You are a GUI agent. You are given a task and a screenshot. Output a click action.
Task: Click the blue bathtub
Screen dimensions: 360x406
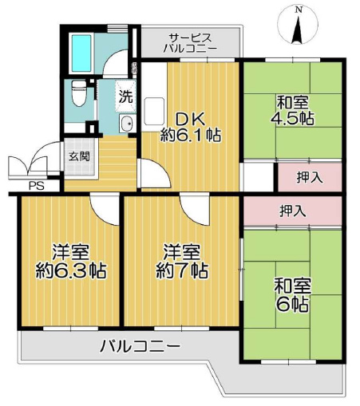pyautogui.click(x=81, y=53)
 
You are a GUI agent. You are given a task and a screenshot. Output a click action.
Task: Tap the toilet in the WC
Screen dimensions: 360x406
pyautogui.click(x=79, y=93)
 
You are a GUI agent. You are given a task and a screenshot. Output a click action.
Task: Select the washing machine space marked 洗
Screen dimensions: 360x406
pyautogui.click(x=125, y=97)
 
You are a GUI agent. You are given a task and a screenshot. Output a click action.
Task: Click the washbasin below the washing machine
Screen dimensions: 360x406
pyautogui.click(x=127, y=124)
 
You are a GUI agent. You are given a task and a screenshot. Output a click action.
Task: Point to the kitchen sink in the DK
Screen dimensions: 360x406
pyautogui.click(x=154, y=111)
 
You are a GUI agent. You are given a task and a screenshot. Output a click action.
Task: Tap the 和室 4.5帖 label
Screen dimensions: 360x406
pyautogui.click(x=292, y=111)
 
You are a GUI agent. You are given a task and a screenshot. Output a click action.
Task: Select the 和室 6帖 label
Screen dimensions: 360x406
pyautogui.click(x=292, y=295)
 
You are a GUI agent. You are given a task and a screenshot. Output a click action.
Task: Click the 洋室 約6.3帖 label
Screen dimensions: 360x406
pyautogui.click(x=71, y=262)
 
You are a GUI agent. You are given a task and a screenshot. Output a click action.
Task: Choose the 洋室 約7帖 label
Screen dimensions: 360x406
pyautogui.click(x=182, y=262)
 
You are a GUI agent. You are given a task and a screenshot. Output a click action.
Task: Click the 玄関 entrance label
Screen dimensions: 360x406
pyautogui.click(x=79, y=157)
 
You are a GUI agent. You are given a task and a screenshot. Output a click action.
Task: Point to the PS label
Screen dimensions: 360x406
pyautogui.click(x=37, y=186)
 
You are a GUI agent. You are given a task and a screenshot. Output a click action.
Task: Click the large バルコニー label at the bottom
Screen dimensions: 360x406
pyautogui.click(x=140, y=346)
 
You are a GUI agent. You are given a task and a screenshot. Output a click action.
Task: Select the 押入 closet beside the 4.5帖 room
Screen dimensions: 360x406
pyautogui.click(x=310, y=177)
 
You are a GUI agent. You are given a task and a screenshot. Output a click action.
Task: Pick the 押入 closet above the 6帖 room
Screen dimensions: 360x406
pyautogui.click(x=292, y=211)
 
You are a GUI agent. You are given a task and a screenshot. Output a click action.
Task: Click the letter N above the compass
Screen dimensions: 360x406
pyautogui.click(x=299, y=10)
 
